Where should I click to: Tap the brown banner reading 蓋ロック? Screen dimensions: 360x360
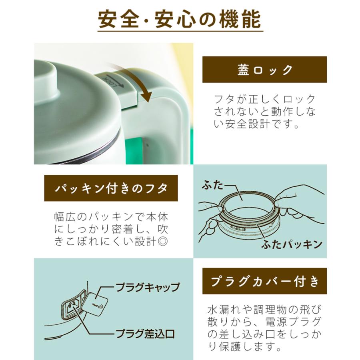264,70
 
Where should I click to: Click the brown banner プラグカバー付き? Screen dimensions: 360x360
264,281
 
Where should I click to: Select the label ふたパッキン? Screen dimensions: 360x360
292,244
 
